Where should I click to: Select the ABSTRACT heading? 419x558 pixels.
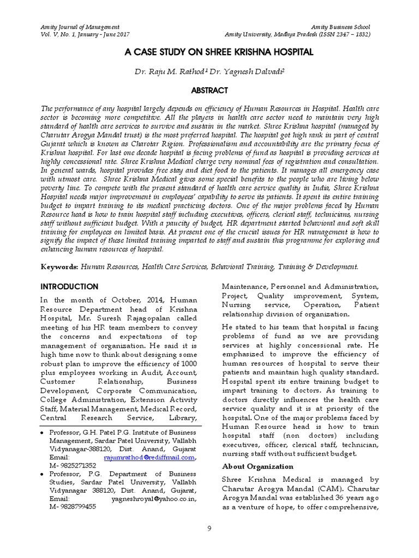(x=209, y=90)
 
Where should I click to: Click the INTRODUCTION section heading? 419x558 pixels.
(x=70, y=287)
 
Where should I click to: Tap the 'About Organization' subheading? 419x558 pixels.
(x=258, y=466)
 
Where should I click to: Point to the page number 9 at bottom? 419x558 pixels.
(x=209, y=528)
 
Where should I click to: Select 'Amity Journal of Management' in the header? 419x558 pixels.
(x=81, y=27)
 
